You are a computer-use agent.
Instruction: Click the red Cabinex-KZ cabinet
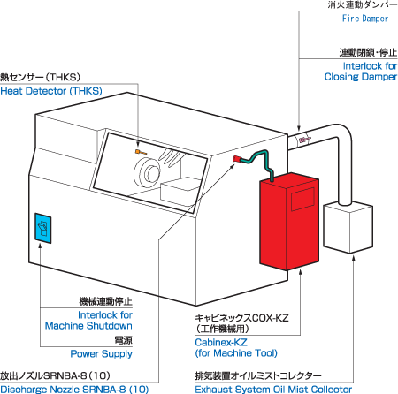(x=289, y=221)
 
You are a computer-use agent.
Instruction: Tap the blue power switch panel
(x=43, y=228)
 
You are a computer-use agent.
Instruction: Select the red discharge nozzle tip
(x=236, y=159)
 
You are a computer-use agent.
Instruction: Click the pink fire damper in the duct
(x=303, y=140)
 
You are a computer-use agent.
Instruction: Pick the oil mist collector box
(x=348, y=227)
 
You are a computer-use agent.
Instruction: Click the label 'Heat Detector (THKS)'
(x=51, y=91)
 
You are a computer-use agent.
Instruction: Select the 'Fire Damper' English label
(x=365, y=19)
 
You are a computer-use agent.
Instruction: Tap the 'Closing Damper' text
(x=361, y=77)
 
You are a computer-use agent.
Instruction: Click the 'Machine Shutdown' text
(x=88, y=326)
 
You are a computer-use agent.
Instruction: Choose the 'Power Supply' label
(x=101, y=353)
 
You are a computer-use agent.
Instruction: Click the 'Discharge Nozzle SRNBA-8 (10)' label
(x=74, y=389)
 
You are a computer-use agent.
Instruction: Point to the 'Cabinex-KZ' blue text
(x=221, y=342)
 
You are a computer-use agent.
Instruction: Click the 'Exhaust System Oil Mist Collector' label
(x=273, y=389)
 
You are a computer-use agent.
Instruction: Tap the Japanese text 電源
(x=124, y=340)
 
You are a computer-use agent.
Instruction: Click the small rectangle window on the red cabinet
(x=302, y=199)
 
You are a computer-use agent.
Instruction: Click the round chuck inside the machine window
(x=147, y=172)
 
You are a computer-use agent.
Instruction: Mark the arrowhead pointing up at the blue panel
(x=40, y=246)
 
